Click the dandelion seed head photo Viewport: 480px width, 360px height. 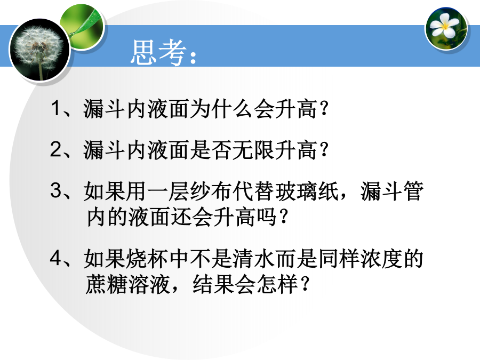click(39, 50)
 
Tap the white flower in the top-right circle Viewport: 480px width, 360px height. click(444, 24)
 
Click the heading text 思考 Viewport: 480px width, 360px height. click(158, 52)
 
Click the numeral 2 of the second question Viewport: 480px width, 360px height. click(56, 149)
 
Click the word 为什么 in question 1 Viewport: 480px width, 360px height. click(222, 109)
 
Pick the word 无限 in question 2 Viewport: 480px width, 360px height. click(253, 150)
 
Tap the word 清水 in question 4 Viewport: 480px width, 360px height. click(253, 259)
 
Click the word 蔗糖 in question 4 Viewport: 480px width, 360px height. click(107, 285)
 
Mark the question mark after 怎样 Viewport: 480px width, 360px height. click(305, 284)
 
